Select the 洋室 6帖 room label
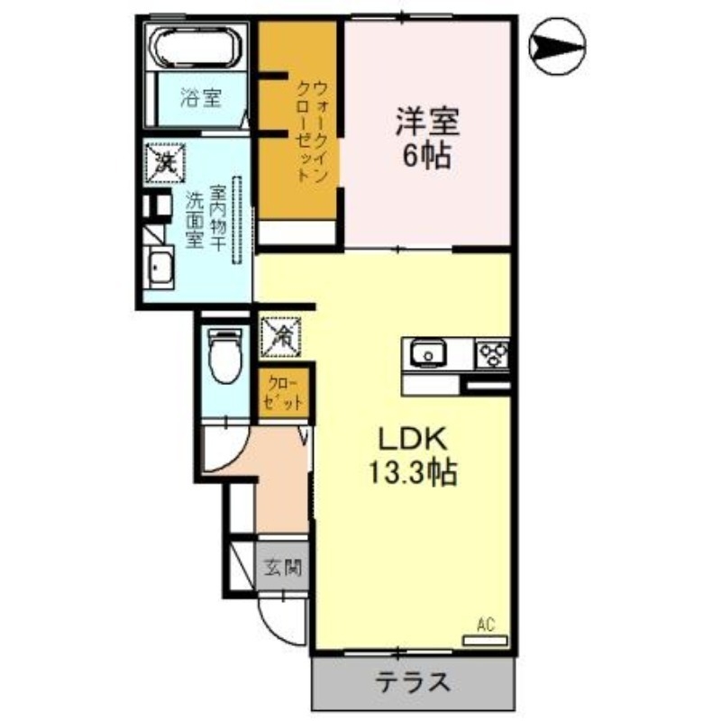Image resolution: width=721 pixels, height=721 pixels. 426,137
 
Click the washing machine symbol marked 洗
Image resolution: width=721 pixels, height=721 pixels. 165,163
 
